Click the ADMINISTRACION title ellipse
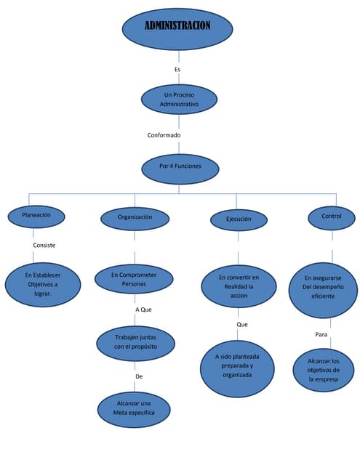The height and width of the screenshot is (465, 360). tap(177, 28)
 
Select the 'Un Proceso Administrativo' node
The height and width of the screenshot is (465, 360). tap(179, 100)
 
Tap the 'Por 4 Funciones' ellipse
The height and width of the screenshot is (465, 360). tap(180, 166)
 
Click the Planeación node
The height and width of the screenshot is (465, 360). tap(36, 216)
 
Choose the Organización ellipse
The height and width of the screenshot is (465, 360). tap(135, 217)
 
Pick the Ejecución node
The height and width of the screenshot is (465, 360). tap(239, 219)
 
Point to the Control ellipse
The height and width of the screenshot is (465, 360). tap(332, 217)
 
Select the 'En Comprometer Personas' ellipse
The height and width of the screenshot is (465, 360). tap(135, 280)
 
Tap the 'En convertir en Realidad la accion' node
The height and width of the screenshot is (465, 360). tap(239, 286)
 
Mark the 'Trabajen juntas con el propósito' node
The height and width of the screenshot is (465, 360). tap(135, 342)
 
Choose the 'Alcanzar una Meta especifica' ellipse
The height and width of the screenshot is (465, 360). tap(135, 408)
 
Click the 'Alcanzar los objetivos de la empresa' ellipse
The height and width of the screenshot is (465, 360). tap(324, 370)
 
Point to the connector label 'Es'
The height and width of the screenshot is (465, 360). tap(177, 69)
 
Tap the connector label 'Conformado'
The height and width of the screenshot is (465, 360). tap(164, 135)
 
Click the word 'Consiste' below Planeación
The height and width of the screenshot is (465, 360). tap(44, 246)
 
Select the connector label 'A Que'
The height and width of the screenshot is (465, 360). tap(144, 310)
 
